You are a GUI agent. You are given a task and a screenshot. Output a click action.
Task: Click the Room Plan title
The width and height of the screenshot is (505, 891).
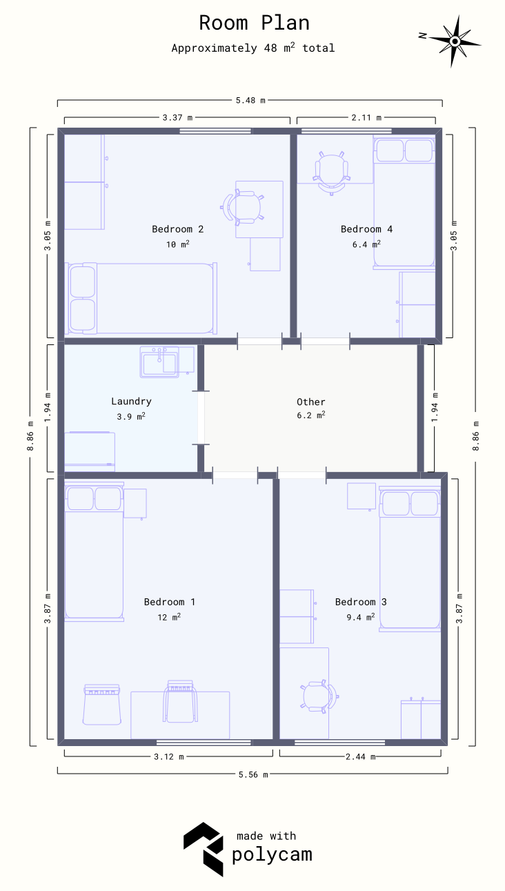coord(254,23)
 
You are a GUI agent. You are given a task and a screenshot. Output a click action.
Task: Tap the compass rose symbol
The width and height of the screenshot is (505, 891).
coord(455,41)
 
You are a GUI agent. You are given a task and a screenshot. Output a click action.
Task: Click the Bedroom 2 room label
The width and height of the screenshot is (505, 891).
coord(178,229)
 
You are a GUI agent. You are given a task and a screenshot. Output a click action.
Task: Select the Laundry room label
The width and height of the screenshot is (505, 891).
coord(131,402)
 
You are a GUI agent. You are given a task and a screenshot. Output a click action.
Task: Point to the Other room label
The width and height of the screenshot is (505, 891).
coord(311,402)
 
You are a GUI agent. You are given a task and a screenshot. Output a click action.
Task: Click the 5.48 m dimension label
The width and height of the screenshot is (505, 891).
coord(250,100)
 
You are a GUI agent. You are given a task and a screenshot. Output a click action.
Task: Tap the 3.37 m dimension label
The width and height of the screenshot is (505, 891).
coord(177,117)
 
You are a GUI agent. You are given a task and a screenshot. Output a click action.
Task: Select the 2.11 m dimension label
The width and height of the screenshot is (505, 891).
coord(366,117)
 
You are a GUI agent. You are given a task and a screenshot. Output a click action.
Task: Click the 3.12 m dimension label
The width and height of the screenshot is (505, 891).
coord(169,756)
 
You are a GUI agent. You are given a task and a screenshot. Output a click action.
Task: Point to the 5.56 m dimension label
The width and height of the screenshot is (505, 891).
coord(253,774)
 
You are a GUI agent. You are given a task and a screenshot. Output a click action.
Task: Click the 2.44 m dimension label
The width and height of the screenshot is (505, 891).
coord(361,756)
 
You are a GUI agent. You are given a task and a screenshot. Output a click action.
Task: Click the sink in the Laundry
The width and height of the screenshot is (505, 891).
coord(159,362)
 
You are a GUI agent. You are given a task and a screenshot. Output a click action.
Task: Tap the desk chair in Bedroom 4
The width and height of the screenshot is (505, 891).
coord(331,173)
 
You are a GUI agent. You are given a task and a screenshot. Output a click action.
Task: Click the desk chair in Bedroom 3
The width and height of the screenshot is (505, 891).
coord(319,697)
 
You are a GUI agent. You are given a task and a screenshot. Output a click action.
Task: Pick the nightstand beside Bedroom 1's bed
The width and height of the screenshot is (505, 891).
coord(135,504)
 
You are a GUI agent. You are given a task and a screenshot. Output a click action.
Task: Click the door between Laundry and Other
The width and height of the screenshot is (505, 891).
coord(201,418)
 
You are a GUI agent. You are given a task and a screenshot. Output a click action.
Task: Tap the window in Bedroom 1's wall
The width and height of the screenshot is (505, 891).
coord(204,742)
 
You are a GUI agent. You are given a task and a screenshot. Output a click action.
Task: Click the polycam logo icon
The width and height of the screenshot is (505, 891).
coord(204,849)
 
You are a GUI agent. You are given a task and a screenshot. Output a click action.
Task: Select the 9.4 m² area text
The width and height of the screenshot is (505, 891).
coord(361,617)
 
